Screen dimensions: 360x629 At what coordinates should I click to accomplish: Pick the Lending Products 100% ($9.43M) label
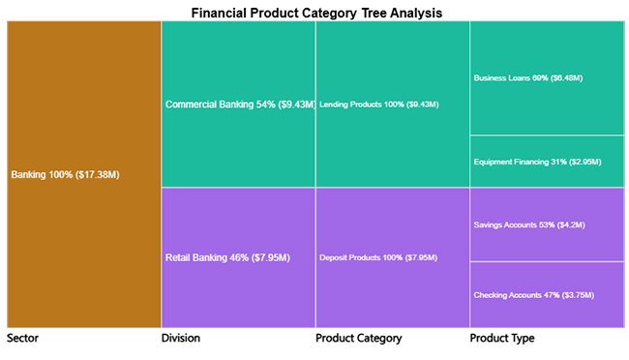379,105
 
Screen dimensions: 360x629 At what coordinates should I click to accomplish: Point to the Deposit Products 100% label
378,257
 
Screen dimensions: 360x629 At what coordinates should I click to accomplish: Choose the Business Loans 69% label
528,77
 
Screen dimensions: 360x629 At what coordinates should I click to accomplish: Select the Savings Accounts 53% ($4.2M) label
529,225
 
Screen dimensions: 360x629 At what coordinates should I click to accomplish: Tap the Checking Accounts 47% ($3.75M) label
533,294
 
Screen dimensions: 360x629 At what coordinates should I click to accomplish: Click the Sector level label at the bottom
23,339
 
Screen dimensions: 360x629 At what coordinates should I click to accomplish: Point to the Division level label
181,339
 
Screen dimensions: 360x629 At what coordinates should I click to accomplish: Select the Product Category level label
358,339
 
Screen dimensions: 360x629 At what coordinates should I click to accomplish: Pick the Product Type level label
501,339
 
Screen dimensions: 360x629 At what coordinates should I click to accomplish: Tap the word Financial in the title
221,13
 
